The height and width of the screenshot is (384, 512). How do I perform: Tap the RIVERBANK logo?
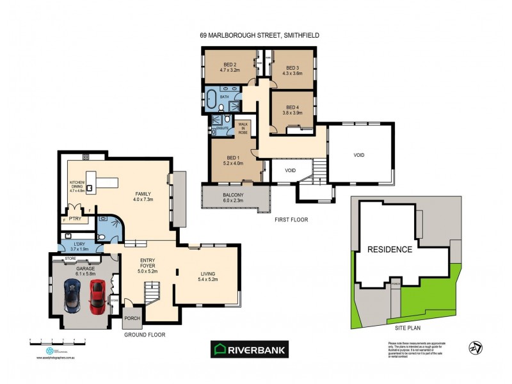tap(250, 349)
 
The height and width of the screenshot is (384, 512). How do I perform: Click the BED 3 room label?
tap(292, 68)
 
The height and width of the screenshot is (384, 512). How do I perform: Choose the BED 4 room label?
tap(292, 107)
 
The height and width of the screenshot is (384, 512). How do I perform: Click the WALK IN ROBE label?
tap(243, 127)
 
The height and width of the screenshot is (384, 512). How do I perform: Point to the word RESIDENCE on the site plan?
tap(389, 249)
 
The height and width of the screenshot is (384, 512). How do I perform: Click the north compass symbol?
tap(476, 348)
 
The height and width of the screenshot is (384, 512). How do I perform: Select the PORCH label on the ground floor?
tap(132, 318)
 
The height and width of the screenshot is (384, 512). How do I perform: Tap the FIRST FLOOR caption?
tap(292, 220)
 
